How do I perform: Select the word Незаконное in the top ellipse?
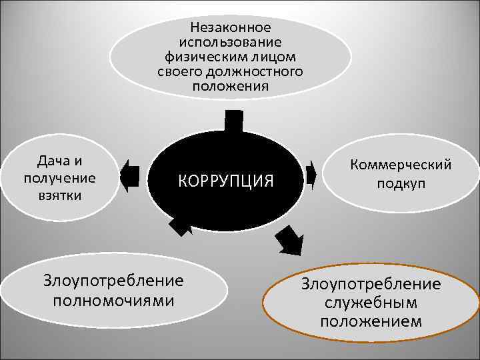pos(231,27)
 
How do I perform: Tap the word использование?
pos(231,42)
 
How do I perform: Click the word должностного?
pos(258,71)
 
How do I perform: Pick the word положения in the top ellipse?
pos(231,86)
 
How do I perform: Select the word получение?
pos(59,178)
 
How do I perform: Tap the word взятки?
pos(59,195)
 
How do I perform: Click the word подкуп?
pos(401,183)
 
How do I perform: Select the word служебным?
pos(371,303)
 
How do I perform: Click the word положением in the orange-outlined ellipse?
pos(371,321)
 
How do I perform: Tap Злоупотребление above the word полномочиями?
pos(113,281)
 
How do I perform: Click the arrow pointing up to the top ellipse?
pos(233,121)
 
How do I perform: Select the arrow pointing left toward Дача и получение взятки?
pos(131,175)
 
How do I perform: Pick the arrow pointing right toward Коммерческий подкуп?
pos(310,175)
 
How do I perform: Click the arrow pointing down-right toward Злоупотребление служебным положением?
pos(289,241)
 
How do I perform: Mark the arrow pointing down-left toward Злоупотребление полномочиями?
pos(180,226)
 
